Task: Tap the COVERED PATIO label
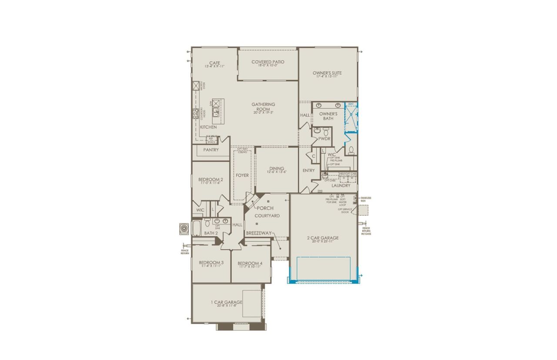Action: point(268,62)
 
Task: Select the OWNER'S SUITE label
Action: point(327,73)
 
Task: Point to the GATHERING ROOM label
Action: point(263,107)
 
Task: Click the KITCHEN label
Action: point(208,127)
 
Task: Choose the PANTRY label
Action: point(211,150)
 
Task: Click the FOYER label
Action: point(242,175)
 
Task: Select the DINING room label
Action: point(276,168)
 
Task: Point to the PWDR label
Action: point(325,139)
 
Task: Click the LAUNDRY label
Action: point(341,185)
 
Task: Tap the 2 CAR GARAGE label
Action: point(322,238)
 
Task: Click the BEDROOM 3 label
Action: point(211,262)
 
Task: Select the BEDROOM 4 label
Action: point(249,263)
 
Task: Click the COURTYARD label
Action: point(267,216)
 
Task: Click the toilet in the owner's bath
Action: point(351,151)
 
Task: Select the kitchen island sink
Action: point(215,112)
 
